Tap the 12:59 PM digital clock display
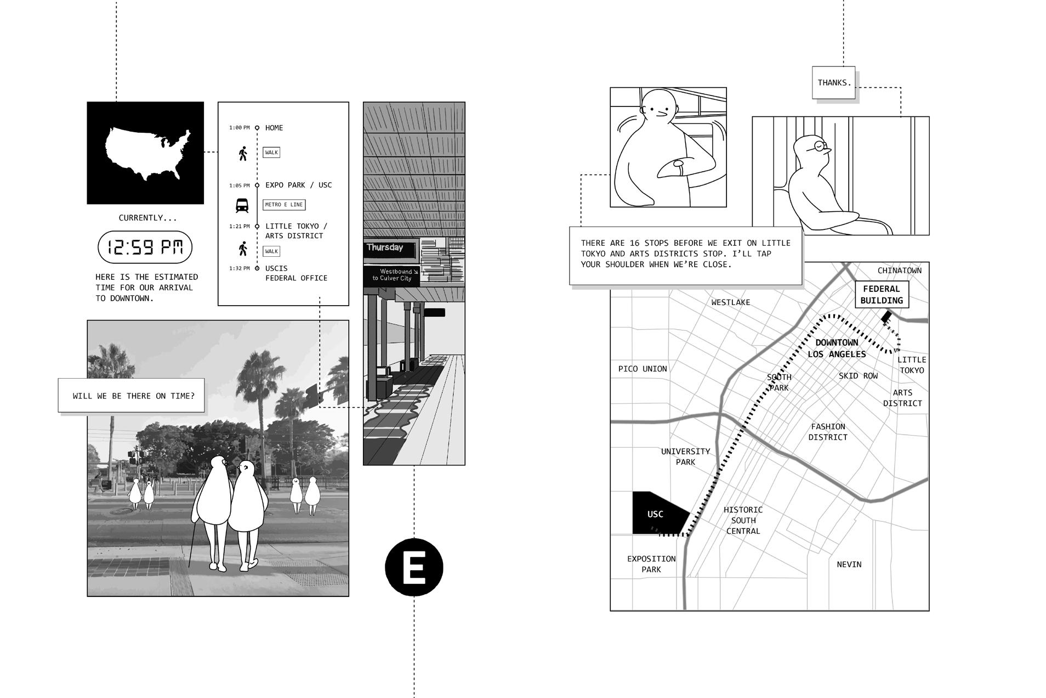click(145, 247)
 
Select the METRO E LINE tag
click(284, 205)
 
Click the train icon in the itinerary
click(242, 205)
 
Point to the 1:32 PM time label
click(239, 268)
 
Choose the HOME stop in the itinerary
click(274, 128)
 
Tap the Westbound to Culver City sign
click(392, 275)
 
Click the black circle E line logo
click(414, 567)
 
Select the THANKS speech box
click(833, 83)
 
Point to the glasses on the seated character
click(819, 145)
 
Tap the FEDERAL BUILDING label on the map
click(882, 295)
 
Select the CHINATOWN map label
click(899, 271)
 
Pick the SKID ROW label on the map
click(858, 376)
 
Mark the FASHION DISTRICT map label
click(828, 432)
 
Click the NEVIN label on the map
click(849, 564)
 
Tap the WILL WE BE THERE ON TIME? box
click(132, 396)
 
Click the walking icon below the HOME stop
click(243, 153)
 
